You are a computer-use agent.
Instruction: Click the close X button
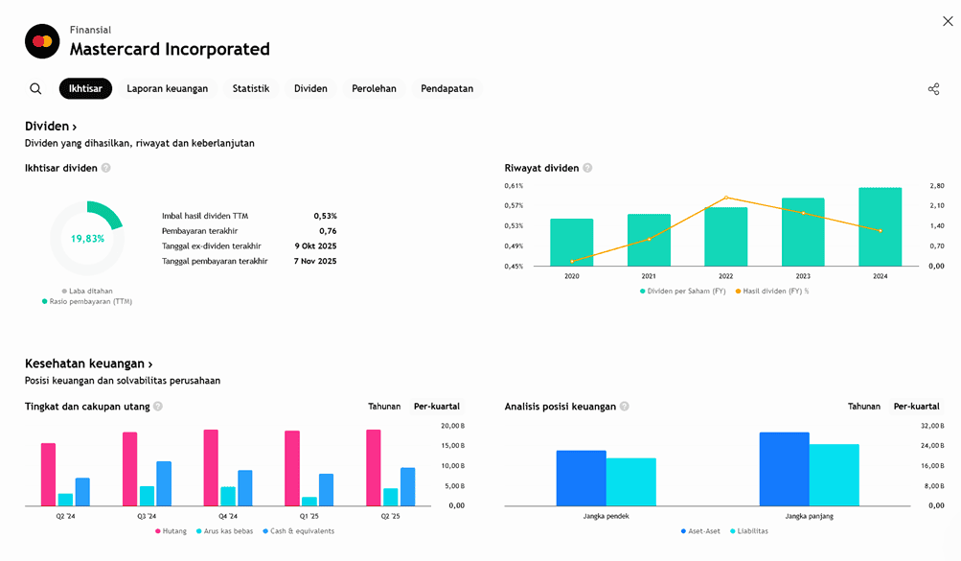pos(948,21)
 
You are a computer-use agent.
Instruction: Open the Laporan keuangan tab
pos(168,89)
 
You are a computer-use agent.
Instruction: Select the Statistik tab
pos(251,89)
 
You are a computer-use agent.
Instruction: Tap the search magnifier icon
pos(35,89)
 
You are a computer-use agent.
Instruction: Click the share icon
pos(933,89)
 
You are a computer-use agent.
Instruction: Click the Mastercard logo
pos(41,41)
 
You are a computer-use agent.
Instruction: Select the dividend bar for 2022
pos(725,237)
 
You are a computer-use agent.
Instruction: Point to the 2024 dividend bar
pos(880,227)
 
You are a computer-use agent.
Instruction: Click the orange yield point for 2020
pos(572,261)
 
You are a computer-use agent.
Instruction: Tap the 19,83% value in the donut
pos(87,239)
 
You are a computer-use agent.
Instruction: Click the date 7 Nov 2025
pos(315,261)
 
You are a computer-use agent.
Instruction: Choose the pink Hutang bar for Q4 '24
pos(211,468)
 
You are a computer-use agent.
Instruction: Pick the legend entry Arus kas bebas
pos(225,531)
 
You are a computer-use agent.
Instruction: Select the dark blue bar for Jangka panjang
pos(784,469)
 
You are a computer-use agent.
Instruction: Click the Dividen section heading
pos(51,127)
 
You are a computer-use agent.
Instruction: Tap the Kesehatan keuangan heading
pos(88,364)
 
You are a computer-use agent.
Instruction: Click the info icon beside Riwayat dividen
pos(587,168)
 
